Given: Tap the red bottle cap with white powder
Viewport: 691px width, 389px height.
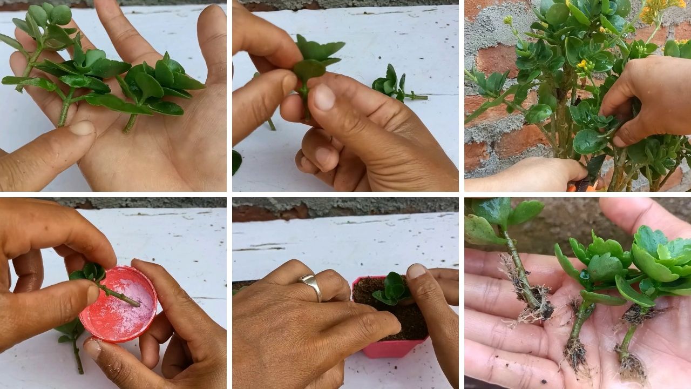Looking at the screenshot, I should click(118, 304).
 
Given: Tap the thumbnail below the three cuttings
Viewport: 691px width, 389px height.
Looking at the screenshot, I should click(82, 128).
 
